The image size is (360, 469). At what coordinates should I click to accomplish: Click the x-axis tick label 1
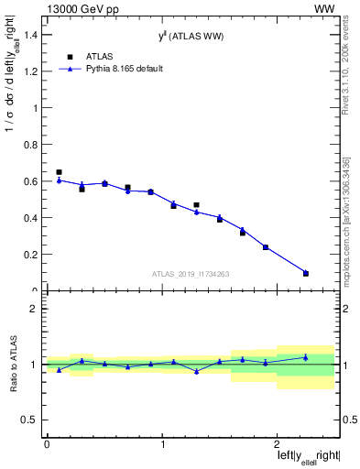pos(163,445)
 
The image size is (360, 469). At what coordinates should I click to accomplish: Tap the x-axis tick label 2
pos(279,445)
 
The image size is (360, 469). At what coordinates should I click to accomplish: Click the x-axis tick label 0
pos(47,445)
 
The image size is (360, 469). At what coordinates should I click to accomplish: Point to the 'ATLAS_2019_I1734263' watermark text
pos(190,273)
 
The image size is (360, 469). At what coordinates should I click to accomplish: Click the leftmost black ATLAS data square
pos(59,172)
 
